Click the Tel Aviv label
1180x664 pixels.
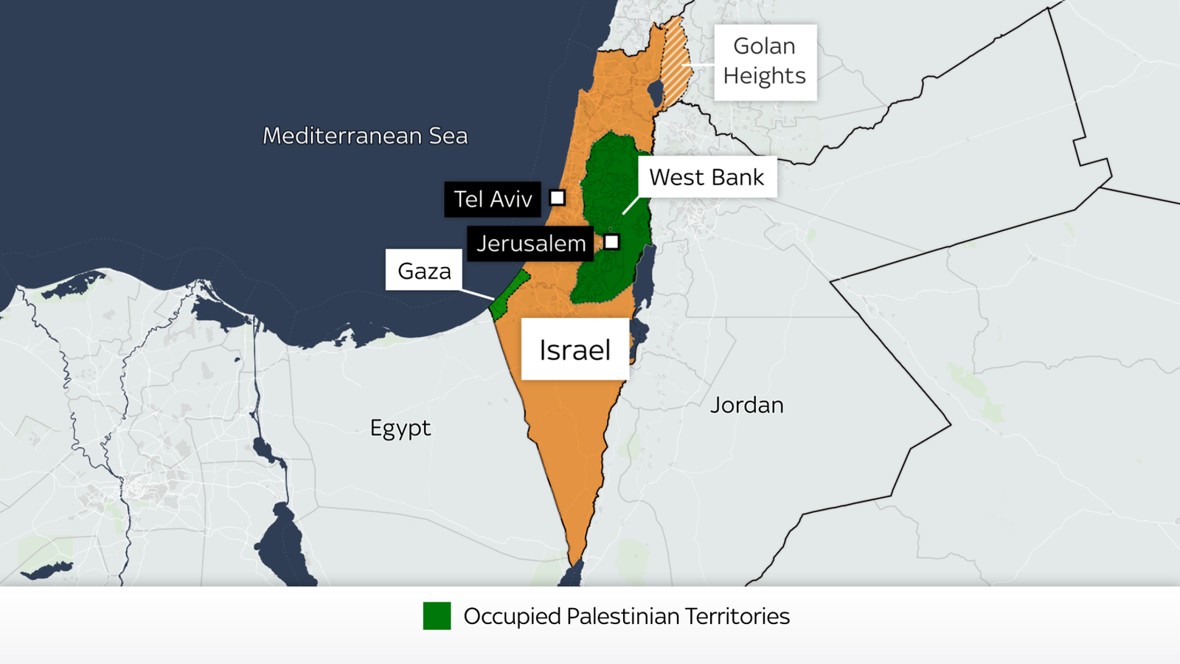(492, 199)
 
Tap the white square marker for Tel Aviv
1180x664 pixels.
(558, 198)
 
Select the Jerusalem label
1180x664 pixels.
(530, 243)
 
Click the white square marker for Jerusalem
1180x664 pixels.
(611, 242)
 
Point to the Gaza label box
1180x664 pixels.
(424, 271)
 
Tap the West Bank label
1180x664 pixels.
(707, 177)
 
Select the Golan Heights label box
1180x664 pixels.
(765, 62)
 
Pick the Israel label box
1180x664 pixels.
(575, 350)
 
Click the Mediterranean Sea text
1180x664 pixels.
(365, 136)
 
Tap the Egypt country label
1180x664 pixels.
(400, 428)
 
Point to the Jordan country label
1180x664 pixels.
(746, 405)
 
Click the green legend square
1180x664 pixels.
(437, 616)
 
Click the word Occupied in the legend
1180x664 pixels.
(512, 616)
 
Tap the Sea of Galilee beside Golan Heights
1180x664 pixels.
(655, 93)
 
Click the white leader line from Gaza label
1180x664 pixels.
(478, 294)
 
